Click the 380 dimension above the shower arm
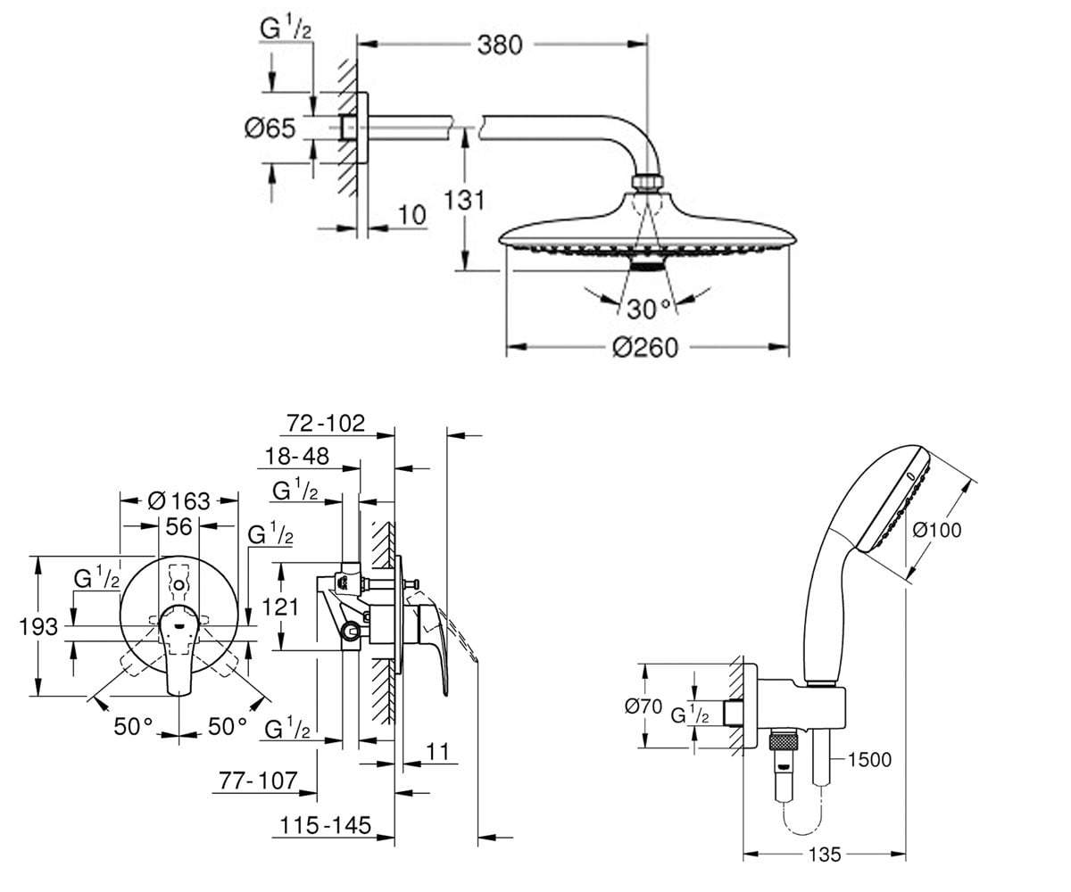pyautogui.click(x=500, y=45)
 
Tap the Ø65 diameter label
pyautogui.click(x=270, y=128)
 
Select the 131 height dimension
pyautogui.click(x=464, y=201)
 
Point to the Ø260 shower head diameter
pyautogui.click(x=645, y=348)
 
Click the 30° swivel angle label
pyautogui.click(x=650, y=310)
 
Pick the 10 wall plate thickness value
pyautogui.click(x=411, y=215)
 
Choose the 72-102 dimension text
pyautogui.click(x=326, y=424)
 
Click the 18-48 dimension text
pyautogui.click(x=297, y=456)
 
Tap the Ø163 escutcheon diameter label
pyautogui.click(x=178, y=500)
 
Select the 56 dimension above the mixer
pyautogui.click(x=178, y=526)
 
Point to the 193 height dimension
pyautogui.click(x=38, y=626)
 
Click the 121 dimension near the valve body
pyautogui.click(x=280, y=607)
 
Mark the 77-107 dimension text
pyautogui.click(x=258, y=780)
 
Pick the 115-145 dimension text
pyautogui.click(x=325, y=826)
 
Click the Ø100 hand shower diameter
pyautogui.click(x=937, y=530)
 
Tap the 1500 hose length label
pyautogui.click(x=870, y=760)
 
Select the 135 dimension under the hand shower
pyautogui.click(x=825, y=855)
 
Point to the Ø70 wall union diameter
pyautogui.click(x=643, y=706)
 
